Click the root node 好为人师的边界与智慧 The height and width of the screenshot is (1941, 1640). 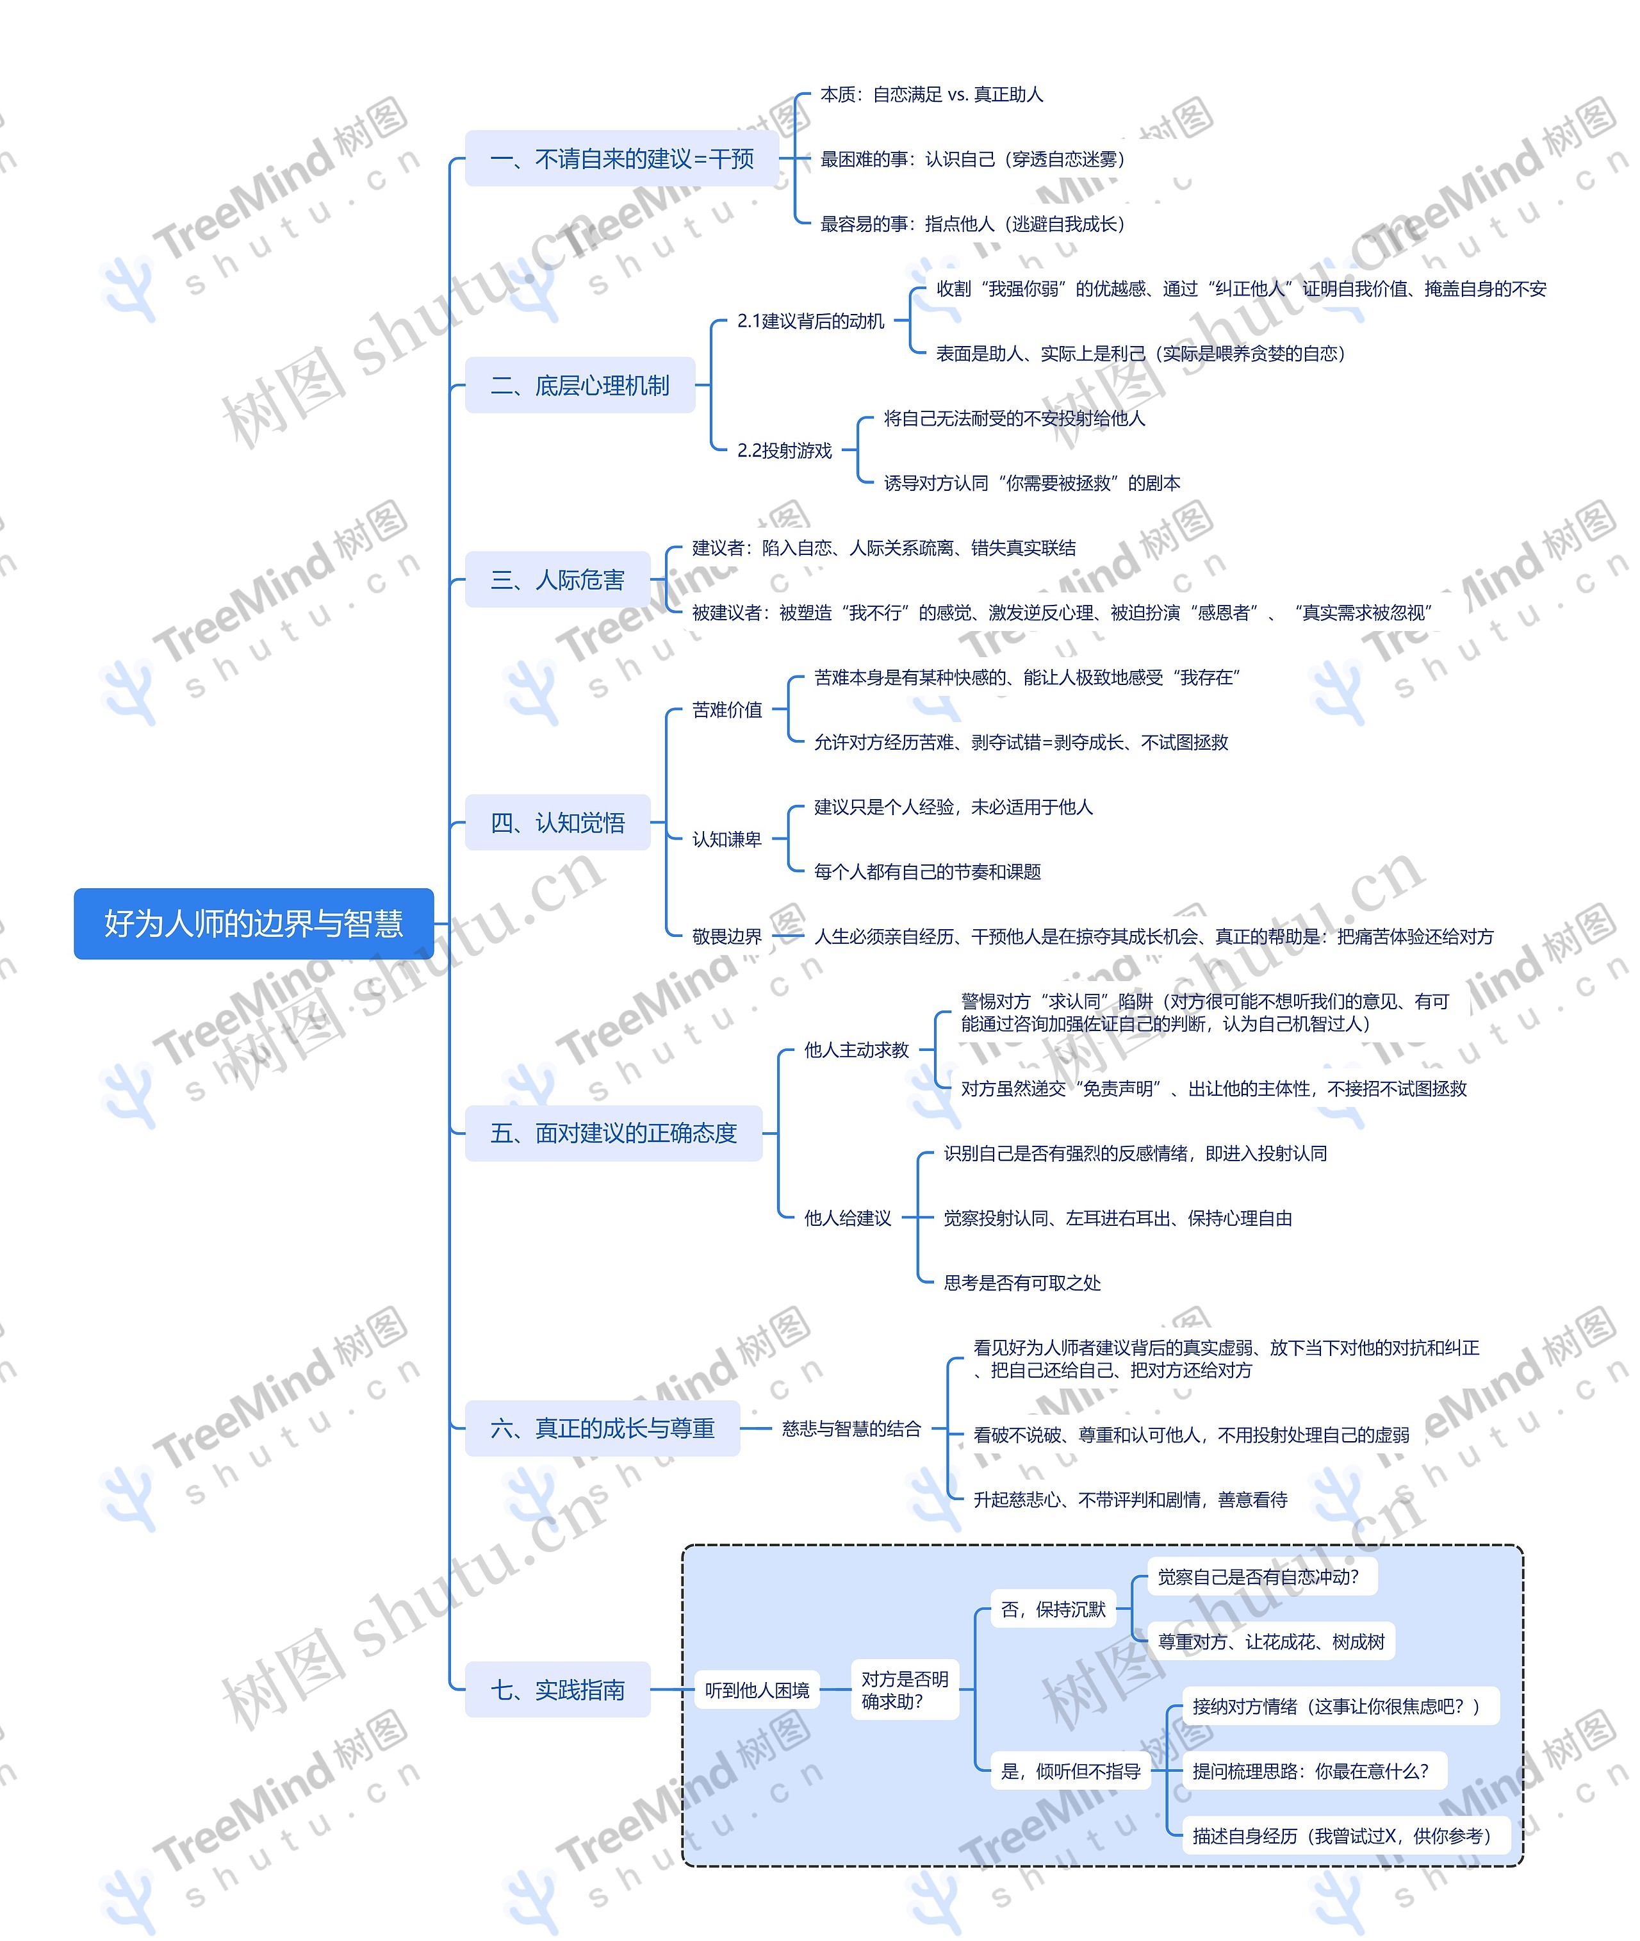[253, 923]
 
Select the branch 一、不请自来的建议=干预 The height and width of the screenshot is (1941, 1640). [621, 159]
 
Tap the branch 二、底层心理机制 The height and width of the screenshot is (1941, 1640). [579, 385]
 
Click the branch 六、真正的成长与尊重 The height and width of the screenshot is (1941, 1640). [602, 1428]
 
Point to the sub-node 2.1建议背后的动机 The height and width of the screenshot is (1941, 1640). [810, 321]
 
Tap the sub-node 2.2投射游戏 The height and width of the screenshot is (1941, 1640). [783, 450]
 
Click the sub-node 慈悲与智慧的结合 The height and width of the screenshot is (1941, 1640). [851, 1428]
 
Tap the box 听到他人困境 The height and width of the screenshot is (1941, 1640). [757, 1690]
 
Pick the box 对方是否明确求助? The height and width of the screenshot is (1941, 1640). [904, 1690]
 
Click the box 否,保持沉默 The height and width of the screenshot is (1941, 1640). [1053, 1609]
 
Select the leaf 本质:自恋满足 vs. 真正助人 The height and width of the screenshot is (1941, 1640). [931, 95]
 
